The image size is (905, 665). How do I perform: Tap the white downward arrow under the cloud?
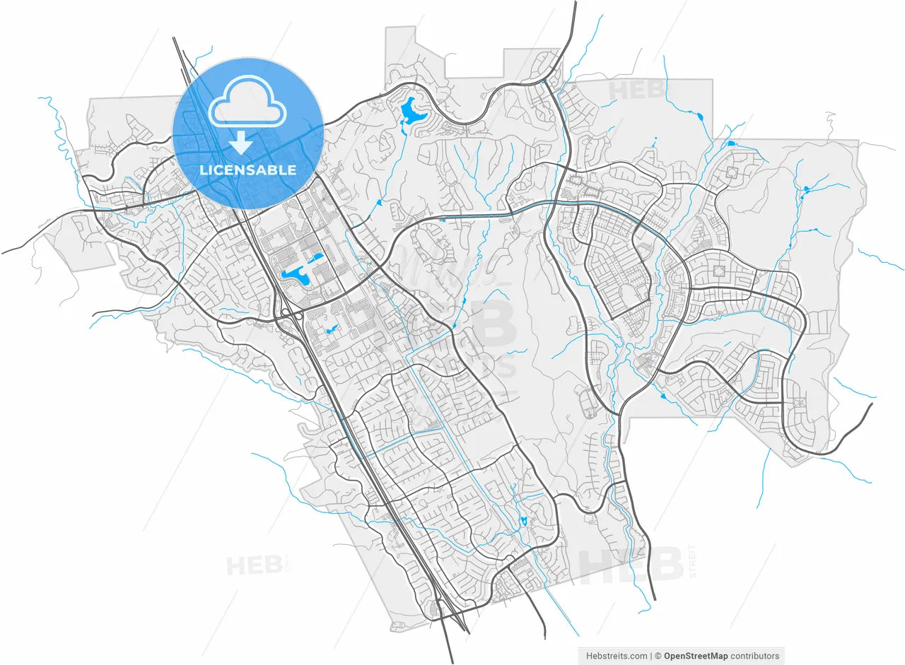[x=241, y=142]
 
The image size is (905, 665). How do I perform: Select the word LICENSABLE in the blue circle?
[x=247, y=170]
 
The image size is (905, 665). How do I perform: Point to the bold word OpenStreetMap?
[x=695, y=656]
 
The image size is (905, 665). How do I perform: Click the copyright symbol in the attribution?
[x=658, y=656]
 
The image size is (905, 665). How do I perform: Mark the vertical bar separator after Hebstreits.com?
[x=650, y=656]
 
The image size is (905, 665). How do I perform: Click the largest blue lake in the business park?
[x=296, y=275]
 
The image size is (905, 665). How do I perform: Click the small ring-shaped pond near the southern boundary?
[x=523, y=522]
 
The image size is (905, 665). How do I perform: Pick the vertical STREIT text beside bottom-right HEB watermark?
[x=692, y=562]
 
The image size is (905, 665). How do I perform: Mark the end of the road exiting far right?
[x=872, y=404]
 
